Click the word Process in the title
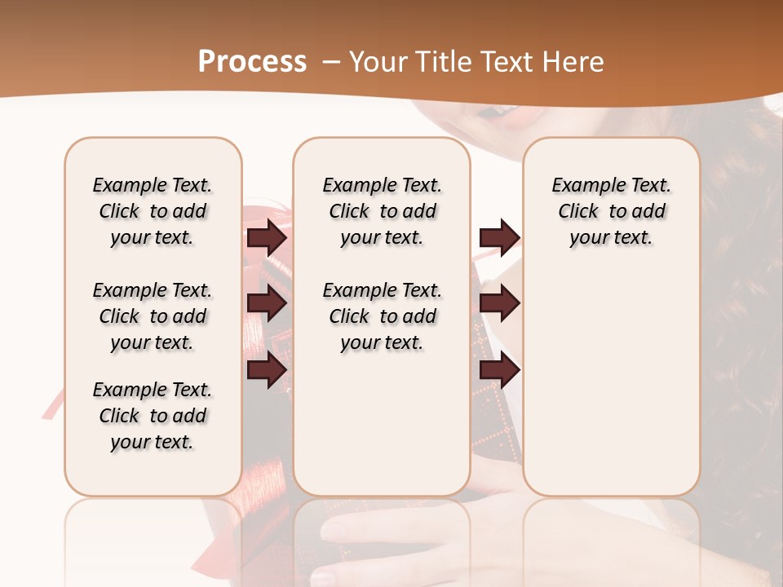pos(252,62)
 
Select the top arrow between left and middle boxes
pos(267,237)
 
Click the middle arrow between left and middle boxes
pos(267,303)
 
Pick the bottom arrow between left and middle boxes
pos(267,371)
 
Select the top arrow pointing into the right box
pos(499,237)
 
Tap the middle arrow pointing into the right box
pos(499,303)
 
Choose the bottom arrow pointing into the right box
pos(499,371)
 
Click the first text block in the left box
pos(153,211)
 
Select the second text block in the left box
pos(153,316)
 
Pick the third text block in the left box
pos(153,416)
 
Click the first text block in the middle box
pos(382,211)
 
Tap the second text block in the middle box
pos(382,316)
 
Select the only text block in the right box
pos(611,211)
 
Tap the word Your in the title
pos(374,62)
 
